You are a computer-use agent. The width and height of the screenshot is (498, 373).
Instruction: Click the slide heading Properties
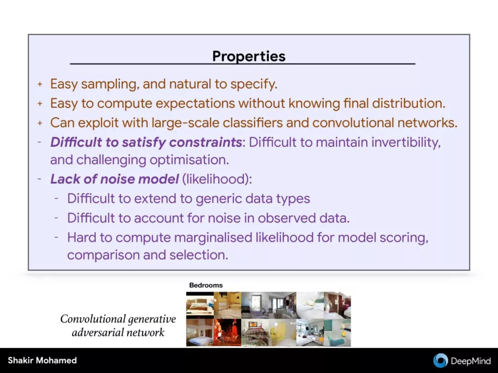click(x=249, y=57)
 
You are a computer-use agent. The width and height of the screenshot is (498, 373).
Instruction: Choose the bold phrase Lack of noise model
click(x=114, y=179)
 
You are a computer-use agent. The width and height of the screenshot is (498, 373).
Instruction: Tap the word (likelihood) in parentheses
click(x=217, y=180)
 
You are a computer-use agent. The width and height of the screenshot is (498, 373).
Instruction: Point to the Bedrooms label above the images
click(x=206, y=285)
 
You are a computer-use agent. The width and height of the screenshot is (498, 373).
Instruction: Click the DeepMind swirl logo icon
click(x=440, y=361)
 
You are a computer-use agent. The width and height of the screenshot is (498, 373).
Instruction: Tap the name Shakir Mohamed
click(x=42, y=361)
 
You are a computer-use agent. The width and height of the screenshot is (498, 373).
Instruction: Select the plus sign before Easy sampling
click(x=40, y=84)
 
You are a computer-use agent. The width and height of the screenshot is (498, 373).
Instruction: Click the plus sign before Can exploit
click(x=40, y=123)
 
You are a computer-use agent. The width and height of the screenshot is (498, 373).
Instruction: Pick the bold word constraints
click(x=206, y=142)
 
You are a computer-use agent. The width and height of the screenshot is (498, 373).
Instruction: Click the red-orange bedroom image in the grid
click(x=227, y=332)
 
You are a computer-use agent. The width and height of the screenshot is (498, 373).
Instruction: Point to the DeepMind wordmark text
click(x=471, y=361)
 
